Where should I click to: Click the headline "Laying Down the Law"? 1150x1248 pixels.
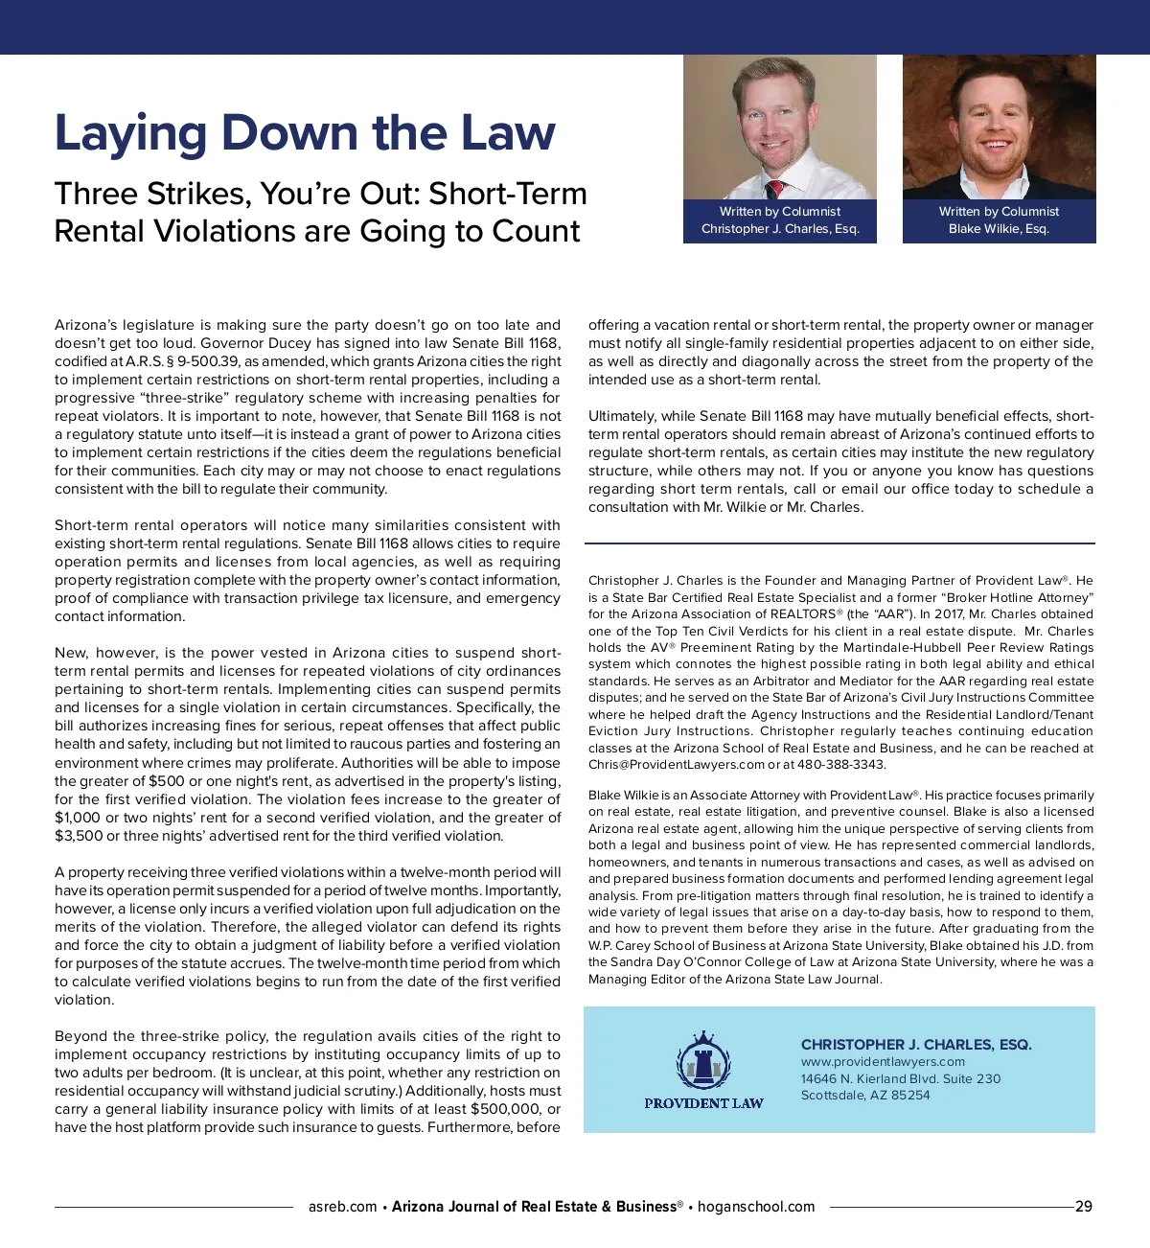pos(305,132)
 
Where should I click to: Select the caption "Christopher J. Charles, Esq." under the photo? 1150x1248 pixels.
pos(780,229)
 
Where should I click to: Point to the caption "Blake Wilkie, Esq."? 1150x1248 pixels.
pos(999,229)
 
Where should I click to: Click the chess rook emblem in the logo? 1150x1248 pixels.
pos(703,1063)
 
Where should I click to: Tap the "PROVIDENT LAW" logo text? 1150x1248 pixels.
pos(703,1103)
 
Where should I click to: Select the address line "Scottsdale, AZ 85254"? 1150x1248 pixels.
pos(864,1096)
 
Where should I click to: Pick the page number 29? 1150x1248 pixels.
pos(1083,1207)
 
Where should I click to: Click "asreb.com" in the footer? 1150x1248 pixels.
pos(342,1207)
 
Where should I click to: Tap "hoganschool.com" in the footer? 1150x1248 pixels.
pos(756,1207)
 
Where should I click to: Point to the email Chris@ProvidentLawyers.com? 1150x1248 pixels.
pos(677,765)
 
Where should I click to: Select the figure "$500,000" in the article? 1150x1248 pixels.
pos(505,1109)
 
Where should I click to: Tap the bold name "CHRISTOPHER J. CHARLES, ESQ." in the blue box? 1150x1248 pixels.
pos(916,1045)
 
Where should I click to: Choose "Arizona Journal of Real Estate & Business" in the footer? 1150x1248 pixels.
pos(534,1207)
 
